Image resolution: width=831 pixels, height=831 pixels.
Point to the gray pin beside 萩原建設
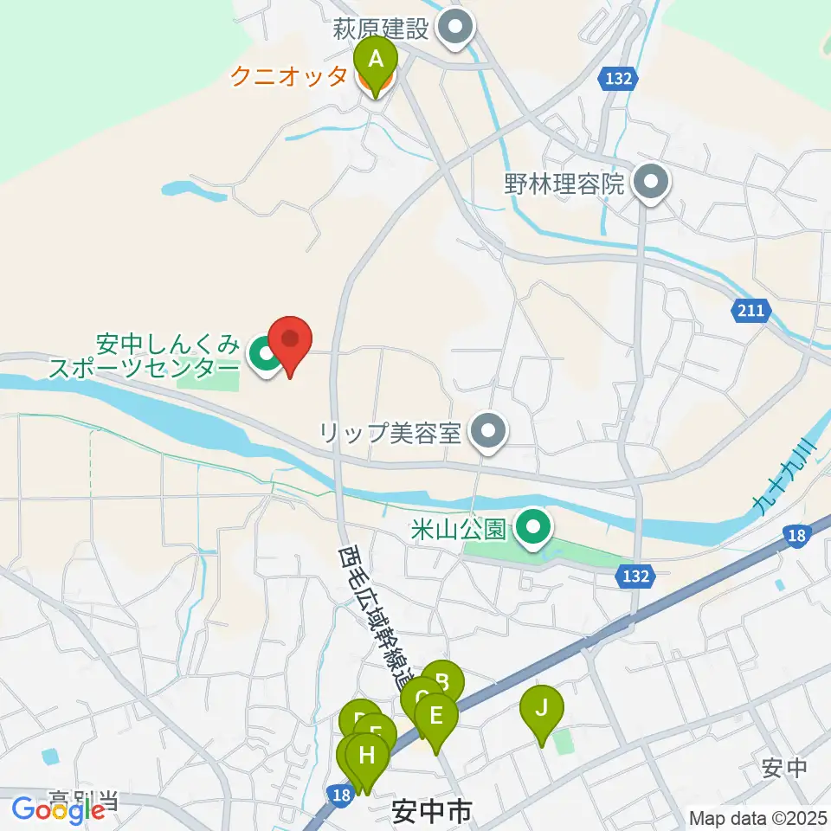[454, 30]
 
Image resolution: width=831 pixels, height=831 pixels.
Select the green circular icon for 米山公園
[531, 527]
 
